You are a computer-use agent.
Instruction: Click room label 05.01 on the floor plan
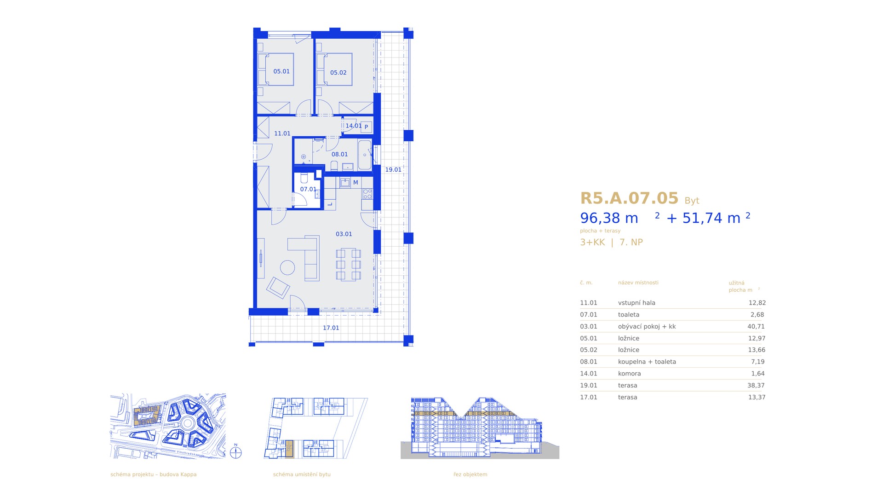pyautogui.click(x=281, y=71)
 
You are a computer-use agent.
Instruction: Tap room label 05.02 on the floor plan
pyautogui.click(x=338, y=73)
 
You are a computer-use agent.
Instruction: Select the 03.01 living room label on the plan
pyautogui.click(x=344, y=234)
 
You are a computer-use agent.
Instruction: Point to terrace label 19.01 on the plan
pyautogui.click(x=393, y=170)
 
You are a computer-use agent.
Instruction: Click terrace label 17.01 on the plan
pyautogui.click(x=331, y=328)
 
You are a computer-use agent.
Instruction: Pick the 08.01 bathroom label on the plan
pyautogui.click(x=340, y=155)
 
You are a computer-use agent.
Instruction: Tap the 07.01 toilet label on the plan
pyautogui.click(x=308, y=189)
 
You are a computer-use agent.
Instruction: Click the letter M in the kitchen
pyautogui.click(x=355, y=183)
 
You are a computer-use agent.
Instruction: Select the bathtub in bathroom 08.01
pyautogui.click(x=365, y=155)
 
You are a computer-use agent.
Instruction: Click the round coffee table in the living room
pyautogui.click(x=287, y=268)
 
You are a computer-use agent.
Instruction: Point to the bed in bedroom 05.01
pyautogui.click(x=275, y=69)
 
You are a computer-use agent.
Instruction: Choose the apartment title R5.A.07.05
pyautogui.click(x=629, y=198)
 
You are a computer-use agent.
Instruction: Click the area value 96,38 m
pyautogui.click(x=609, y=218)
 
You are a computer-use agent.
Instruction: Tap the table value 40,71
pyautogui.click(x=756, y=327)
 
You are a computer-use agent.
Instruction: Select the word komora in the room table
pyautogui.click(x=629, y=374)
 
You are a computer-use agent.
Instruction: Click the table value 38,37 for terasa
pyautogui.click(x=757, y=386)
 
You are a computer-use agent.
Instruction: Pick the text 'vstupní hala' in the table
pyautogui.click(x=636, y=303)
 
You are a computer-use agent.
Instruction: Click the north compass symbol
pyautogui.click(x=236, y=453)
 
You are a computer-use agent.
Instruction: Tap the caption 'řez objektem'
pyautogui.click(x=470, y=474)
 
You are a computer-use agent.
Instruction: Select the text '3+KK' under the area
pyautogui.click(x=592, y=243)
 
